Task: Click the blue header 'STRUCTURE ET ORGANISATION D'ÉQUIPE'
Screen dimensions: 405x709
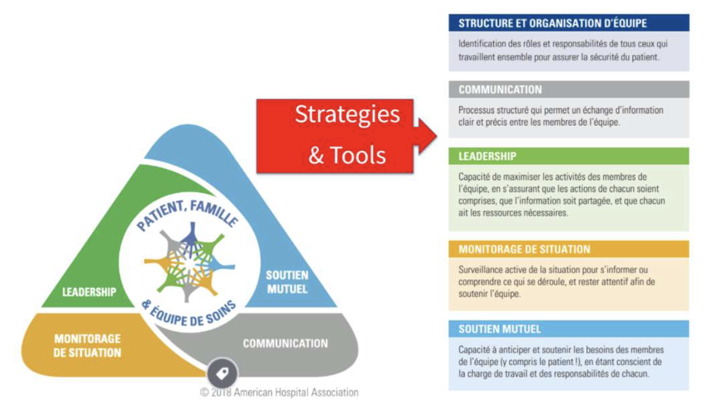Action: [552, 23]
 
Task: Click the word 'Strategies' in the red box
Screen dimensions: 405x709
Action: [347, 114]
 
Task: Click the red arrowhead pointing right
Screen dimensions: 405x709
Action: [426, 136]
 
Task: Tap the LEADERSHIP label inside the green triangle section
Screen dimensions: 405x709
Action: [89, 291]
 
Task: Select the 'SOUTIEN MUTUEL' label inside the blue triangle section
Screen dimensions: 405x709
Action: [287, 282]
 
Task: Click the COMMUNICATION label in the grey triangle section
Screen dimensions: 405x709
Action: [285, 344]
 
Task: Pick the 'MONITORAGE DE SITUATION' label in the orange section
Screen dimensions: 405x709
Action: [87, 346]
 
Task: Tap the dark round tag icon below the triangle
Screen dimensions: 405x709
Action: [223, 373]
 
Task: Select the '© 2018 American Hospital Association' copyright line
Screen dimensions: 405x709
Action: [279, 393]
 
